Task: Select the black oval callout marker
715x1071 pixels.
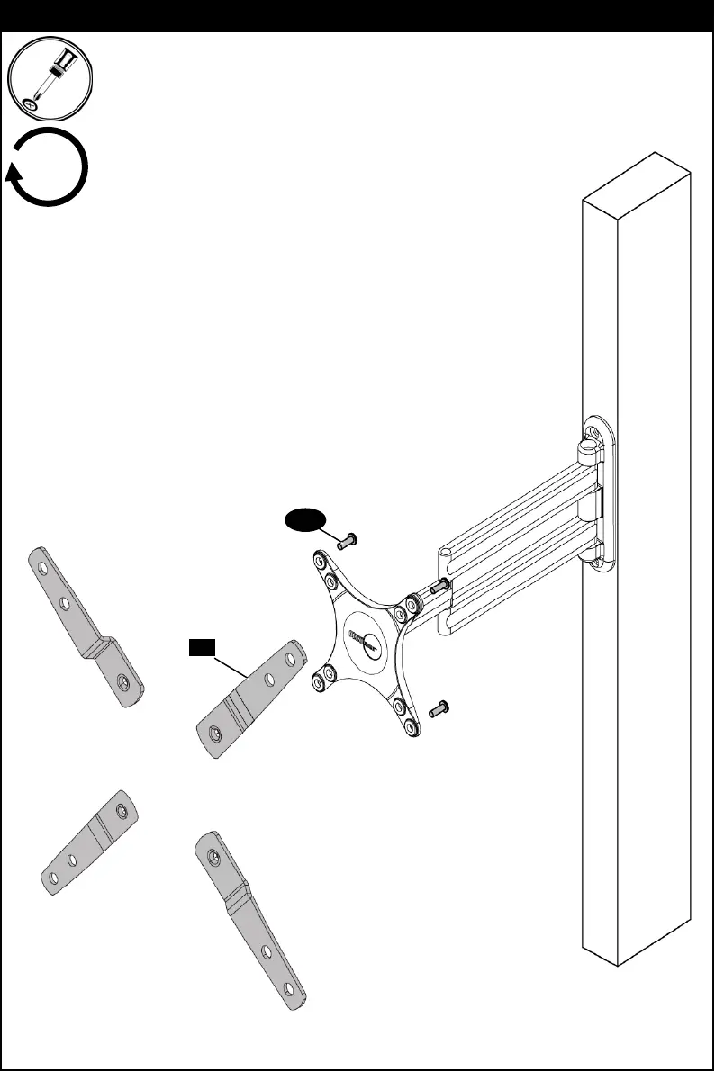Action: click(304, 519)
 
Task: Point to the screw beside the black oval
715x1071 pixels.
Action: click(347, 541)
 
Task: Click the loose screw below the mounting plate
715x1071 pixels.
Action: click(439, 708)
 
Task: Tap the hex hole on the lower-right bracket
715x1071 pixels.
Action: click(213, 852)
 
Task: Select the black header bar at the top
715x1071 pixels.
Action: click(357, 15)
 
